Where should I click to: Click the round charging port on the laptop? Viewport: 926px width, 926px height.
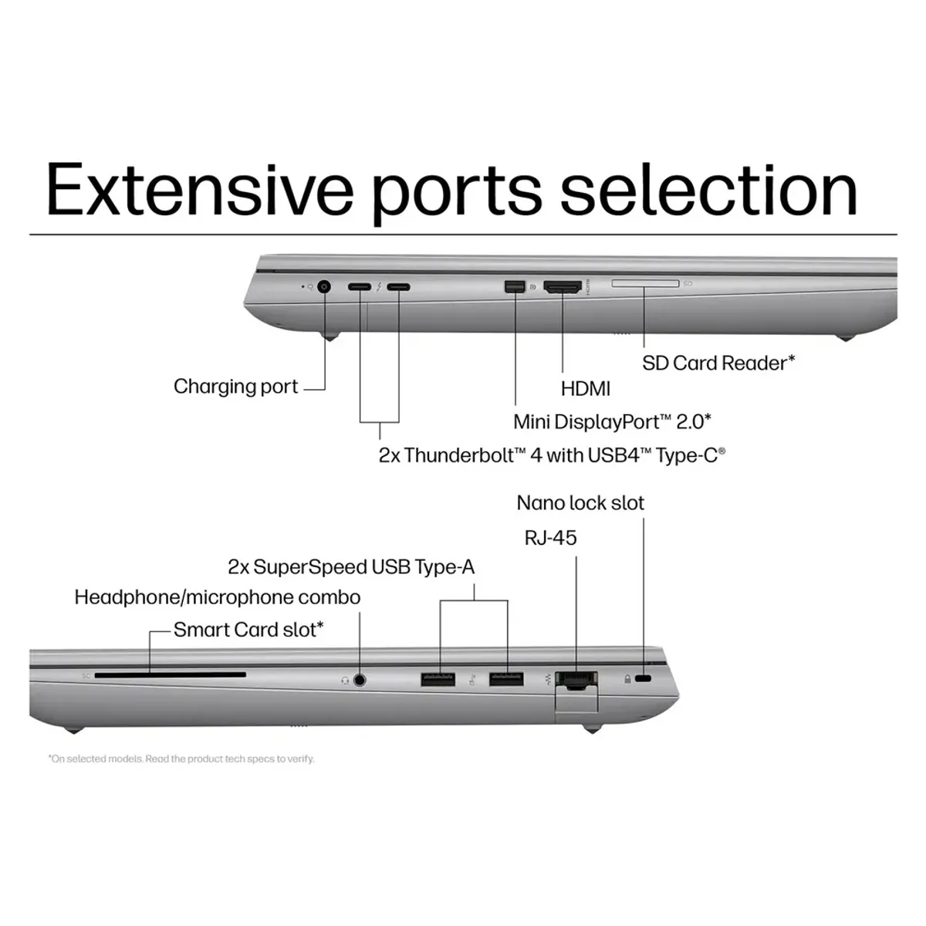(x=323, y=287)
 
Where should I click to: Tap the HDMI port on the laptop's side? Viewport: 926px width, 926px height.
(x=563, y=288)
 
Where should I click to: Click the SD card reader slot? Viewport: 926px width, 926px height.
(x=645, y=284)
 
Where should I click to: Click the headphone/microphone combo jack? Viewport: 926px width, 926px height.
(x=360, y=680)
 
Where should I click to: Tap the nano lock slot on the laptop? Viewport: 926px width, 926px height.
(x=645, y=678)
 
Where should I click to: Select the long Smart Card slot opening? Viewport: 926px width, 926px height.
(x=171, y=675)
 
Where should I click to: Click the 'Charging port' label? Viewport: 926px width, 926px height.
(x=235, y=387)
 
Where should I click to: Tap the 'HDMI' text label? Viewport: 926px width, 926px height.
(x=586, y=389)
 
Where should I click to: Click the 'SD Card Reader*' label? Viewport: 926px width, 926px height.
(x=718, y=363)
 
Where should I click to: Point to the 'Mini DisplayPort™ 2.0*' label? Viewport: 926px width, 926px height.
(x=612, y=421)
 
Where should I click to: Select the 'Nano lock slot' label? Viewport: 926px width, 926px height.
(x=580, y=503)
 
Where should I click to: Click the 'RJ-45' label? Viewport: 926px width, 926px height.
(x=550, y=538)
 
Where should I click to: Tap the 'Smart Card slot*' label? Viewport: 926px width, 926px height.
(x=248, y=630)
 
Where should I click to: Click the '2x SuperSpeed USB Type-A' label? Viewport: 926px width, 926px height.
(x=351, y=567)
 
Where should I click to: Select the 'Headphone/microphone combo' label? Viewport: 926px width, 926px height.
(x=217, y=597)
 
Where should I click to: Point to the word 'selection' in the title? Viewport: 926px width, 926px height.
(x=708, y=190)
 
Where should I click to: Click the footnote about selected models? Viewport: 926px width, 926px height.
(x=181, y=759)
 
